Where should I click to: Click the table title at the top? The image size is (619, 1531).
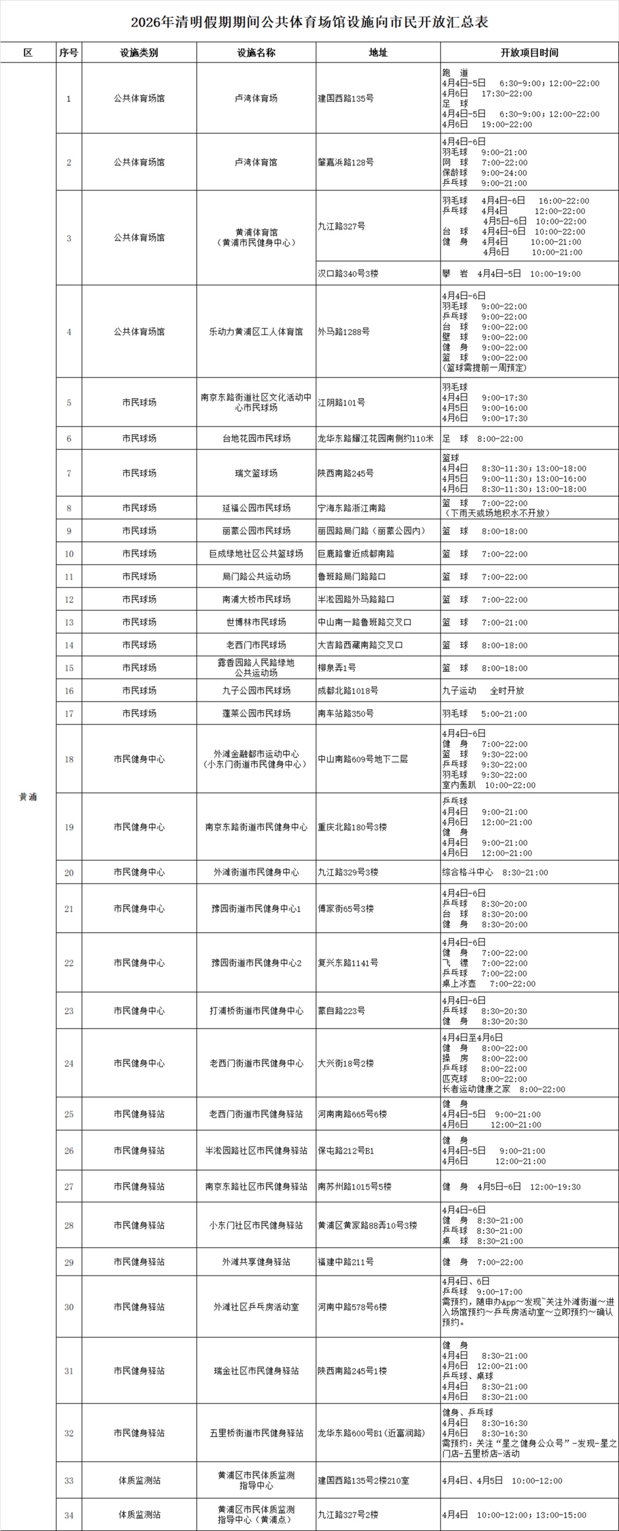(309, 22)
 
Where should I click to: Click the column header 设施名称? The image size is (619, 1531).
(256, 53)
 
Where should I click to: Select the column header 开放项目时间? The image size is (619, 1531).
(529, 53)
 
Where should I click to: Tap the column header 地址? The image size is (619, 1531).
(378, 53)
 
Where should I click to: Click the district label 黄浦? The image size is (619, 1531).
(28, 797)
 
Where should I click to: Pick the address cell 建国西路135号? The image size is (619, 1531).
(346, 99)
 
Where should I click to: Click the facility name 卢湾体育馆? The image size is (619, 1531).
(256, 162)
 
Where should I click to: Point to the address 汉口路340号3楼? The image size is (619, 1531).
(348, 274)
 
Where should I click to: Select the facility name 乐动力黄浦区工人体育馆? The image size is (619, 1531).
(256, 332)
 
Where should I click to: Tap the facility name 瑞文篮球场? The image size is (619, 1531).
(256, 474)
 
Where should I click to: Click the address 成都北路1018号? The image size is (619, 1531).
(348, 691)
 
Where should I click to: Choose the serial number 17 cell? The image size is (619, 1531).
(69, 714)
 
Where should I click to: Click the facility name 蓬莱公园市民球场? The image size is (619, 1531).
(256, 714)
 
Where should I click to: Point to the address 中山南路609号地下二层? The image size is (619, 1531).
(363, 759)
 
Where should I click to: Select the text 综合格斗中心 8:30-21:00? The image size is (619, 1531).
(495, 872)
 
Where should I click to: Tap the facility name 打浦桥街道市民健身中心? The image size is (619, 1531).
(256, 1011)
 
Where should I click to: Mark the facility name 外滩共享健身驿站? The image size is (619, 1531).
(256, 1262)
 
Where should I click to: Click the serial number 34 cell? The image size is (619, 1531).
(69, 1515)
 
